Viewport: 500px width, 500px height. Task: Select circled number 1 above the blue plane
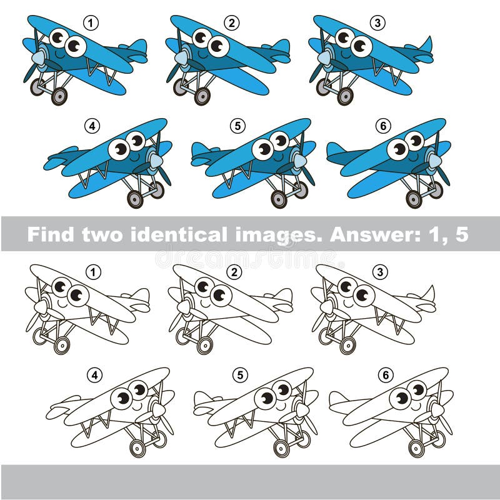pyautogui.click(x=91, y=24)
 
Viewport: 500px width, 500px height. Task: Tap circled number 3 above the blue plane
pyautogui.click(x=377, y=24)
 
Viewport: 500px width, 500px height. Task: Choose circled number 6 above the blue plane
pyautogui.click(x=383, y=126)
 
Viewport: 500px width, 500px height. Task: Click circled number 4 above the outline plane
pyautogui.click(x=93, y=376)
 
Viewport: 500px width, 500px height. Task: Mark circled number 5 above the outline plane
pyautogui.click(x=239, y=376)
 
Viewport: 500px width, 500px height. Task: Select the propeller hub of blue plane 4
pyautogui.click(x=156, y=161)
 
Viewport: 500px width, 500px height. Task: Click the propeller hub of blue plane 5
pyautogui.click(x=300, y=161)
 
